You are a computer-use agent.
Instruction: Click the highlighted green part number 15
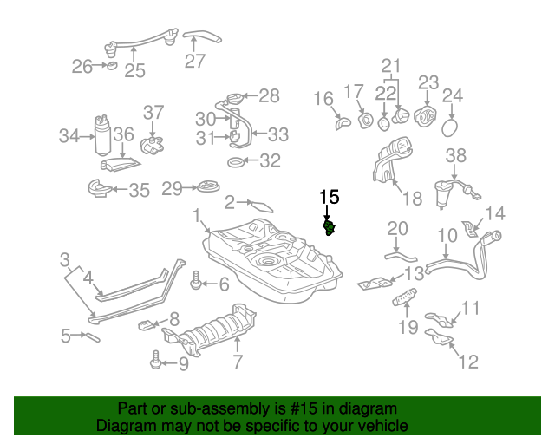pos(330,228)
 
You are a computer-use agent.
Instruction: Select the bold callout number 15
pos(329,197)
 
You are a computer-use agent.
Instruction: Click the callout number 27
pos(194,61)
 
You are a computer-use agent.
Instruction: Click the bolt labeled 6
pos(197,281)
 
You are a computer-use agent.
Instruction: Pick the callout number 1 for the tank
pos(197,214)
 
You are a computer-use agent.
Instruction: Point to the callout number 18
pos(412,199)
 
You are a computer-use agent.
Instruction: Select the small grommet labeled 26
pos(111,66)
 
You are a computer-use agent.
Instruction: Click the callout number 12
pos(467,362)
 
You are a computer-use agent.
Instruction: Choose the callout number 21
pos(392,65)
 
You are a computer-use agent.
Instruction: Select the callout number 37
pos(153,113)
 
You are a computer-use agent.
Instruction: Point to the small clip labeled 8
pos(146,326)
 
